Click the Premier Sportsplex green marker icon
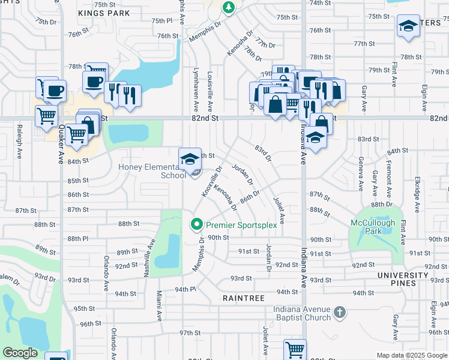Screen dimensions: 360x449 pos(196,225)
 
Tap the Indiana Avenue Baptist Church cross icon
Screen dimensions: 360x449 pos(340,312)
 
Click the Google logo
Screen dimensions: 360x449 pos(20,353)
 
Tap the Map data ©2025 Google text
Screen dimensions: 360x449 pos(411,355)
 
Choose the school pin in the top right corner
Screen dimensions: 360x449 pos(408,26)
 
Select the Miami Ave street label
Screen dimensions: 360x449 pos(159,304)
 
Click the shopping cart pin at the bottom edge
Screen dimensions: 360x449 pos(295,349)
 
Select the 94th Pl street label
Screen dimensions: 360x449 pos(185,289)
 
